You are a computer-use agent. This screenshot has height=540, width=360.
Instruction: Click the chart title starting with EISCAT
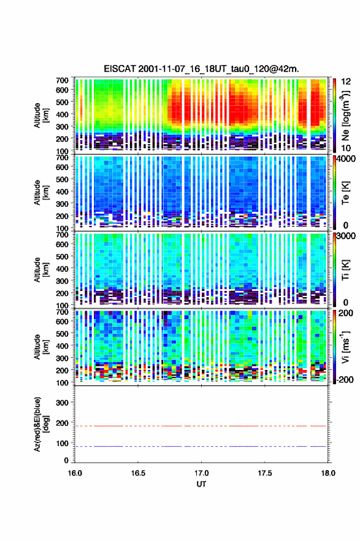tap(201, 69)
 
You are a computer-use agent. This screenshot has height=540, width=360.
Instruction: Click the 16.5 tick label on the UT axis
tap(138, 473)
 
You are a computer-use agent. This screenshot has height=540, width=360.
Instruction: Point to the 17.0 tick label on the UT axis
tap(201, 473)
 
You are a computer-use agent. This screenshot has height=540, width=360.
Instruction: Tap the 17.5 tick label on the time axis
tap(265, 473)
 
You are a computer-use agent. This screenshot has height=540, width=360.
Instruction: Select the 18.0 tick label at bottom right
tap(328, 473)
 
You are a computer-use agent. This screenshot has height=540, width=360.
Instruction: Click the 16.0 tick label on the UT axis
tap(75, 473)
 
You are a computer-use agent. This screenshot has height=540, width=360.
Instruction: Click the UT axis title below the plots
tap(201, 484)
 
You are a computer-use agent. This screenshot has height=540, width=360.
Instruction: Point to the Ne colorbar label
tap(345, 115)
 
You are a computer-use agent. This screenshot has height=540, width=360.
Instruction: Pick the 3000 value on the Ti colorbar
tap(346, 236)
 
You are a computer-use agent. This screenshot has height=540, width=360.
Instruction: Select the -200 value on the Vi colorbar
tap(345, 379)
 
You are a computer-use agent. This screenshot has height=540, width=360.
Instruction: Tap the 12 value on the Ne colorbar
tap(346, 82)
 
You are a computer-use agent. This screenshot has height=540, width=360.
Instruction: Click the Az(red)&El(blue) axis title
tap(41, 424)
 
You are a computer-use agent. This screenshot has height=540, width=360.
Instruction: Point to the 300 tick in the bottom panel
tap(62, 403)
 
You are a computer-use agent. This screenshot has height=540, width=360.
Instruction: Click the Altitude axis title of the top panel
tap(41, 115)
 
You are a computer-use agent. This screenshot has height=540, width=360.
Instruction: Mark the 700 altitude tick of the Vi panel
tap(62, 312)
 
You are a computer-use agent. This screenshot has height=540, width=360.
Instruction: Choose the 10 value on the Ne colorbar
tap(346, 148)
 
